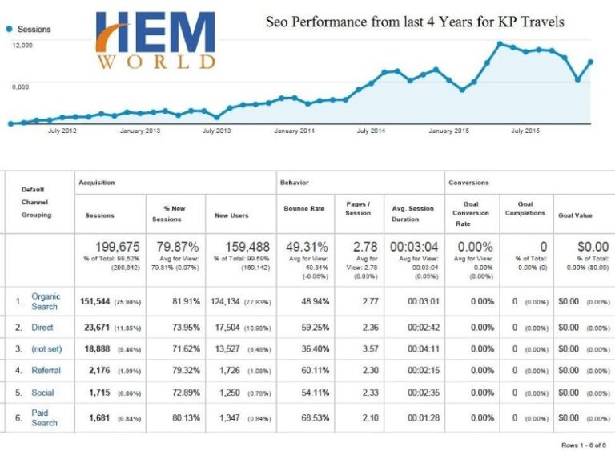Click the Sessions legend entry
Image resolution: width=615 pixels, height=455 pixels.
[29, 29]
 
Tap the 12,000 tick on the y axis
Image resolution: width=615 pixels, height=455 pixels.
[22, 46]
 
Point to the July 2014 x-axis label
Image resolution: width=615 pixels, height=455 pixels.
[371, 131]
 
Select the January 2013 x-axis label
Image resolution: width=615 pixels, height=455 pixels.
[140, 131]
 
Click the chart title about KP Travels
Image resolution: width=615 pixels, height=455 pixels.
[415, 22]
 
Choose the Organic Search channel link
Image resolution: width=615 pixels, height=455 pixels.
[45, 301]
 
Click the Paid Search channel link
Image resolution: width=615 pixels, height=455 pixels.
[45, 417]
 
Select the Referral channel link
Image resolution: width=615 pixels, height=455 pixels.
[46, 370]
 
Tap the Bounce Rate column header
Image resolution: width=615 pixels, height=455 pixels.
[304, 208]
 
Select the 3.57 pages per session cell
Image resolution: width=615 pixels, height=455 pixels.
[357, 349]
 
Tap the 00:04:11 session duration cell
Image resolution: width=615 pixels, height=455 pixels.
[414, 349]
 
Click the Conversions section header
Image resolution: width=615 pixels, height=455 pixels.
[468, 183]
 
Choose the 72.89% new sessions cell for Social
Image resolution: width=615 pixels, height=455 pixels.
[181, 393]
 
